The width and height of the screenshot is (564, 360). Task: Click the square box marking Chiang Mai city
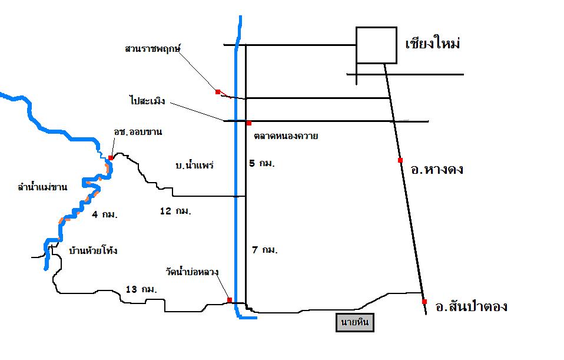click(376, 45)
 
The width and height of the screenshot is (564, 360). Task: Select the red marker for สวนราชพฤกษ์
click(218, 91)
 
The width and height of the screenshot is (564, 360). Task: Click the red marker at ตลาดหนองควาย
click(249, 123)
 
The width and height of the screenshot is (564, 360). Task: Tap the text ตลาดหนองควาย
click(286, 136)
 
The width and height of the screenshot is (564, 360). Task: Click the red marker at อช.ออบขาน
click(111, 158)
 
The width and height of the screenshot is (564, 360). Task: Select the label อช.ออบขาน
click(138, 132)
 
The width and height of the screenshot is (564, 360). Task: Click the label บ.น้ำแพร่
click(194, 165)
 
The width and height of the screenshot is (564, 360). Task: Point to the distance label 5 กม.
click(263, 163)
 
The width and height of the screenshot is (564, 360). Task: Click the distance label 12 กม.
click(176, 210)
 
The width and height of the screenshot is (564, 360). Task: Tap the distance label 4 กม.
click(105, 214)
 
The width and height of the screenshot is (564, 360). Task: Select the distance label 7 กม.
click(264, 250)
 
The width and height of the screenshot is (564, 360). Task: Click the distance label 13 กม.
click(141, 289)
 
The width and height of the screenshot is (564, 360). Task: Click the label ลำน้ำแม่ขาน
click(42, 187)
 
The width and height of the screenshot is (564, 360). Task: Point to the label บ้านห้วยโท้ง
click(93, 250)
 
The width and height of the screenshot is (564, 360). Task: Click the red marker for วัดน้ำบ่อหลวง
click(229, 300)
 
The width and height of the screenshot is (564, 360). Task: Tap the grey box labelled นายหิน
click(355, 323)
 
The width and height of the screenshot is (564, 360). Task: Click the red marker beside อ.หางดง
click(400, 160)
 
